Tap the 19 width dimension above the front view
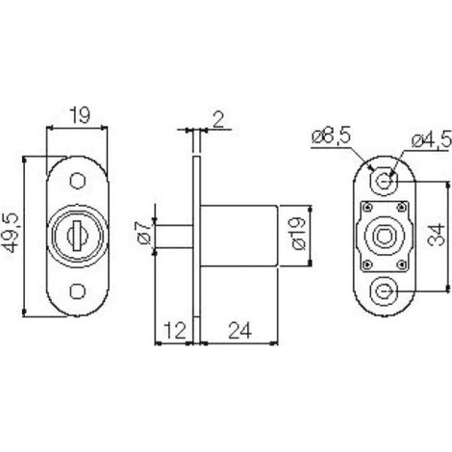click(x=80, y=115)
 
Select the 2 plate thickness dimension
click(x=218, y=119)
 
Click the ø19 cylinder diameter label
click(x=299, y=234)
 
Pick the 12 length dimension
click(x=175, y=331)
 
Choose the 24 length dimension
click(x=239, y=331)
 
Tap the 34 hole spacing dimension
click(x=437, y=236)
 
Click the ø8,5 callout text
click(x=331, y=138)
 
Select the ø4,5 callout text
click(x=432, y=140)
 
